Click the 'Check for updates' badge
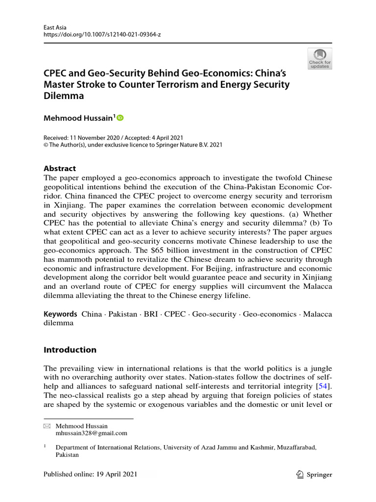[x=320, y=58]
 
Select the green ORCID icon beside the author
[x=120, y=118]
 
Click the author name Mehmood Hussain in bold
[x=78, y=118]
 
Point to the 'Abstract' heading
[x=60, y=168]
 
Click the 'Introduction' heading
[x=70, y=350]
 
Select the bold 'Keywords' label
[x=60, y=314]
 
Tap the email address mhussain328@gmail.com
[x=92, y=433]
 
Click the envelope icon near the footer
[x=47, y=427]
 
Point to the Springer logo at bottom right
[x=315, y=475]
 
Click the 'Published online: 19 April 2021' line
[x=91, y=475]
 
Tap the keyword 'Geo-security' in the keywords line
[x=214, y=314]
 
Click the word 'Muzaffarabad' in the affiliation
[x=295, y=447]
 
